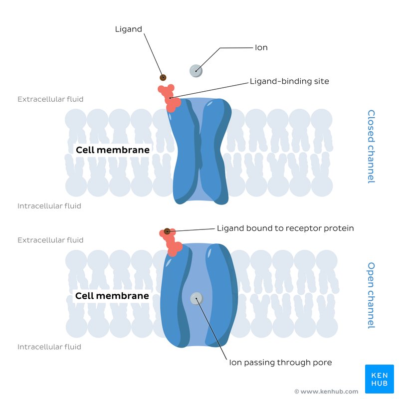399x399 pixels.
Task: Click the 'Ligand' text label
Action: [x=128, y=29]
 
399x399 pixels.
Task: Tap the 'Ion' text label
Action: [x=261, y=48]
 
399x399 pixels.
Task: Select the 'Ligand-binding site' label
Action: [x=289, y=81]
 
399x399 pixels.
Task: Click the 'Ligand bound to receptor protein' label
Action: [x=285, y=228]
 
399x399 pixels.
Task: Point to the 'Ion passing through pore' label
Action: [x=280, y=363]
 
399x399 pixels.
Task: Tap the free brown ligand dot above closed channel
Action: [x=163, y=77]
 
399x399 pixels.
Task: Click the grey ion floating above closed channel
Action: [x=196, y=71]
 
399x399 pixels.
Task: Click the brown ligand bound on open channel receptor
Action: [x=167, y=231]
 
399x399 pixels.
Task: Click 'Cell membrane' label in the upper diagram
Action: [x=112, y=150]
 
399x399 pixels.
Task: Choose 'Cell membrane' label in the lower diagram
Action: [x=112, y=296]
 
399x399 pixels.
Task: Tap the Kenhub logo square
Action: [x=379, y=380]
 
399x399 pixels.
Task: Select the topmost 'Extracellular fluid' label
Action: [x=50, y=99]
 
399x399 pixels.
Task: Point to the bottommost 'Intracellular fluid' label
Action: [x=49, y=347]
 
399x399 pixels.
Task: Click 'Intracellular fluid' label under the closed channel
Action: [x=49, y=206]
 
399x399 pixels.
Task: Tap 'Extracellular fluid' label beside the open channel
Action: [x=50, y=240]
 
